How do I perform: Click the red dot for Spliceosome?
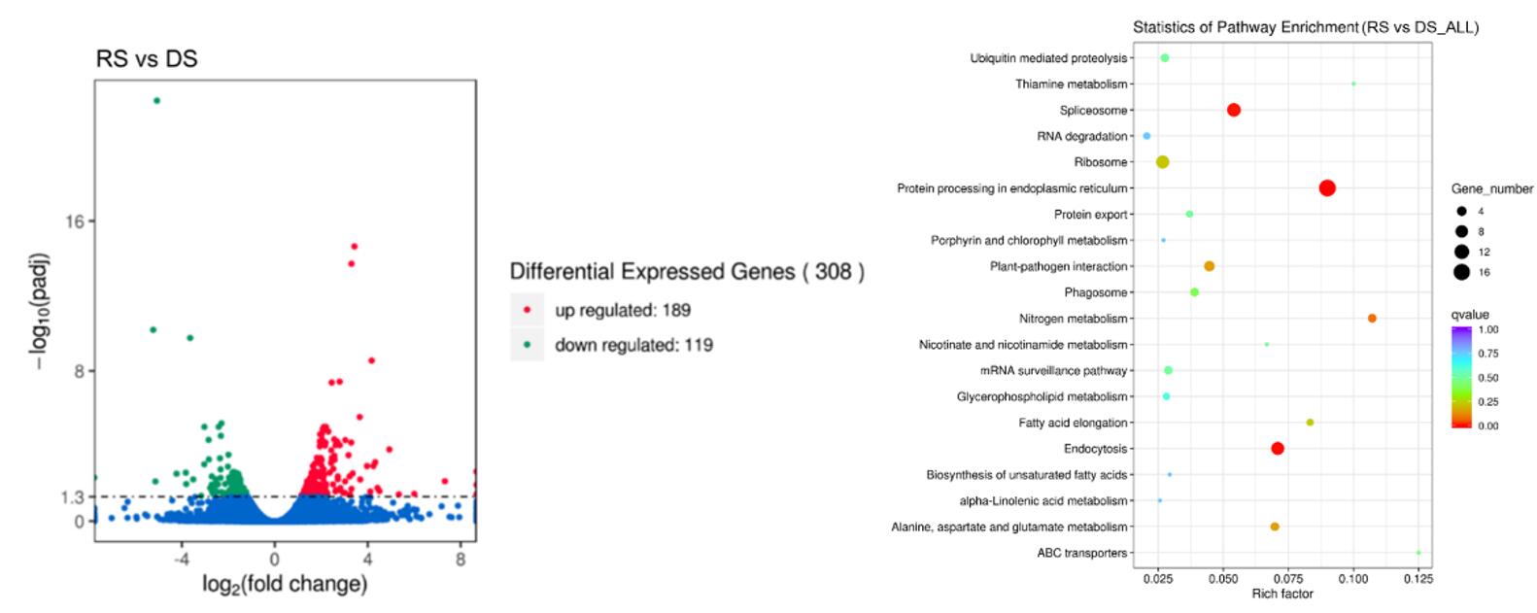[x=1233, y=111]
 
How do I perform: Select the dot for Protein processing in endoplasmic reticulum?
[x=1326, y=188]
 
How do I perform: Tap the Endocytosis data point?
[x=1277, y=449]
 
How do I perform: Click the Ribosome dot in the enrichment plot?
[x=1162, y=162]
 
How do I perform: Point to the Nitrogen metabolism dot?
[x=1371, y=319]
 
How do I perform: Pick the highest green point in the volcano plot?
[x=156, y=100]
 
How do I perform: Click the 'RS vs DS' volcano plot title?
[x=147, y=59]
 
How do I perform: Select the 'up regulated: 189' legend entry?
[x=622, y=310]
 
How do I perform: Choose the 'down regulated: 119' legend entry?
[x=632, y=345]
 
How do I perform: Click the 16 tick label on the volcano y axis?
[x=76, y=221]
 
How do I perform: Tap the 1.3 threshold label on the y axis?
[x=73, y=496]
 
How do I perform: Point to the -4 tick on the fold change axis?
[x=181, y=560]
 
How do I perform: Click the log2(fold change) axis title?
[x=284, y=584]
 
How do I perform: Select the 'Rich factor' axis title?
[x=1281, y=594]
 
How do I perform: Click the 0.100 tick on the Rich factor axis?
[x=1353, y=578]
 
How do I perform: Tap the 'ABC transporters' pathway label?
[x=1081, y=553]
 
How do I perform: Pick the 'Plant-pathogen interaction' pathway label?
[x=1058, y=266]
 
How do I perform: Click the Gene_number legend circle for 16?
[x=1460, y=272]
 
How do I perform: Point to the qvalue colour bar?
[x=1461, y=377]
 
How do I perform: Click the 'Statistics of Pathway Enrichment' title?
[x=1305, y=27]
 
